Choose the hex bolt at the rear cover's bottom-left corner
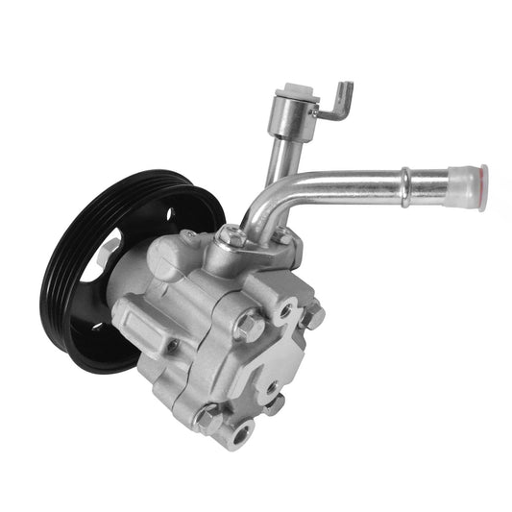[206, 415]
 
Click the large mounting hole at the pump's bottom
[235, 428]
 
